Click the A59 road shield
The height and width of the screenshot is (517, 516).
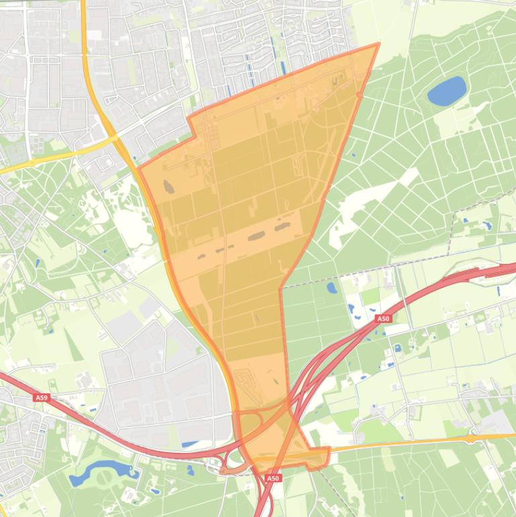point(42,398)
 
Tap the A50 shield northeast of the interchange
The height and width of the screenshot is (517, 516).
point(382,319)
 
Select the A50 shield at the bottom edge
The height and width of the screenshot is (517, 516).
point(272,479)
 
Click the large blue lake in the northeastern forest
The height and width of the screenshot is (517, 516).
point(447,91)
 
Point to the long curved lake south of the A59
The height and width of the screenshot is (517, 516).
point(101,471)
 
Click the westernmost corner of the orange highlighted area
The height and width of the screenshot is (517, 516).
point(139,167)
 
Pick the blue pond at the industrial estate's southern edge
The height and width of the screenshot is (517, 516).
point(191,444)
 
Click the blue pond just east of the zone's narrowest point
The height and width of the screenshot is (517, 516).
point(331,288)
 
